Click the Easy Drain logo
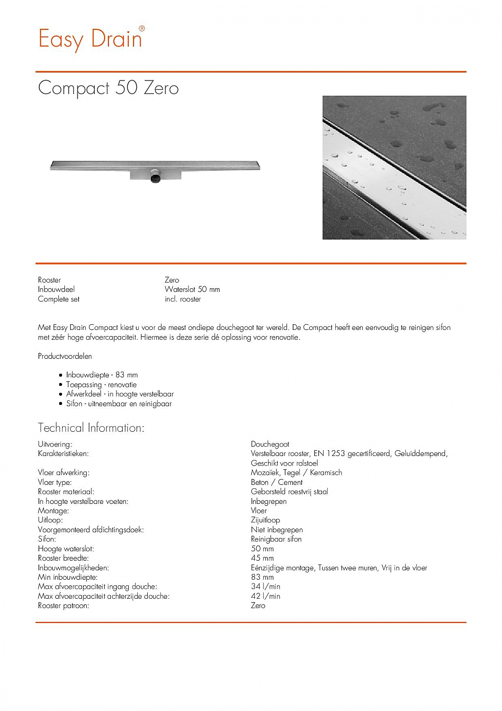pyautogui.click(x=91, y=39)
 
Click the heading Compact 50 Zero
pyautogui.click(x=108, y=88)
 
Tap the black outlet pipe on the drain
pyautogui.click(x=155, y=177)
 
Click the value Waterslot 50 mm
pyautogui.click(x=192, y=289)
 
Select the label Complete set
pyautogui.click(x=59, y=299)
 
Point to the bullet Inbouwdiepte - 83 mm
pyautogui.click(x=102, y=375)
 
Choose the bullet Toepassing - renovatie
pyautogui.click(x=101, y=384)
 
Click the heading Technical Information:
pyautogui.click(x=91, y=428)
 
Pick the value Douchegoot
pyautogui.click(x=270, y=444)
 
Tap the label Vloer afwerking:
pyautogui.click(x=63, y=473)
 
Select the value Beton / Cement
pyautogui.click(x=277, y=482)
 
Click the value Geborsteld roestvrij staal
pyautogui.click(x=289, y=492)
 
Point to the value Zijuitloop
pyautogui.click(x=265, y=520)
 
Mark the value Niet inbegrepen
pyautogui.click(x=277, y=529)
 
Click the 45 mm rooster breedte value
pyautogui.click(x=262, y=558)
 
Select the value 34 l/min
pyautogui.click(x=265, y=586)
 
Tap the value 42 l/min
pyautogui.click(x=265, y=596)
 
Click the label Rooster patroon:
pyautogui.click(x=63, y=605)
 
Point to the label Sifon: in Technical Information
pyautogui.click(x=47, y=539)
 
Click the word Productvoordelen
pyautogui.click(x=65, y=356)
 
